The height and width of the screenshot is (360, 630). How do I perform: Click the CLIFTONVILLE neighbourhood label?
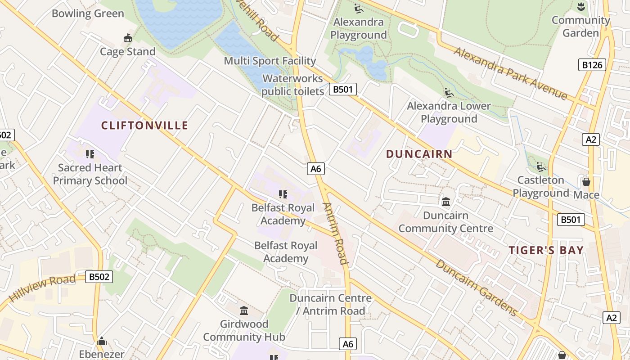coord(144,126)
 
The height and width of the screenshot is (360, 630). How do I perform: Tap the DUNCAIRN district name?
coord(419,154)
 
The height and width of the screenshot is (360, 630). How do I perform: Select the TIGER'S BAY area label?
coord(546,251)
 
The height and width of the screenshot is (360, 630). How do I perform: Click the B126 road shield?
coord(592,65)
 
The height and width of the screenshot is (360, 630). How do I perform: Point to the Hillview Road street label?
coord(42,288)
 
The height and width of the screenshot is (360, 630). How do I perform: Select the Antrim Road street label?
coord(336,234)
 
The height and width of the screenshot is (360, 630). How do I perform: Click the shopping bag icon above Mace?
coord(586,182)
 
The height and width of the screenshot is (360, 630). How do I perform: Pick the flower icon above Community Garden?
coord(581,7)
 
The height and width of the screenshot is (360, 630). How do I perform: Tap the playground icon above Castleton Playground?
coord(541,167)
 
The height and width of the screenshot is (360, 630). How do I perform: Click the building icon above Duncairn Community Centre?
coord(446,202)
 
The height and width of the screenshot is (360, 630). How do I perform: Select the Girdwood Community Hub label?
coord(244,330)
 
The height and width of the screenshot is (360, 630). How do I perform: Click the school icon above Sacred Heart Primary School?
coord(90,154)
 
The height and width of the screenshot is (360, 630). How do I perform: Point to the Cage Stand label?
coord(128,52)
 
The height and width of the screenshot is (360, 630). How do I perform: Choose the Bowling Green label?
coord(88,13)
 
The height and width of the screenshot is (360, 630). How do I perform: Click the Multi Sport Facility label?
coord(270,61)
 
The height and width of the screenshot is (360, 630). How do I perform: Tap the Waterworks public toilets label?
coord(292,85)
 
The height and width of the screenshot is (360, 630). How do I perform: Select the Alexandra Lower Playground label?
coord(449,112)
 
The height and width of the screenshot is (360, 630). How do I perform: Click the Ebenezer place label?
coord(102,354)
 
